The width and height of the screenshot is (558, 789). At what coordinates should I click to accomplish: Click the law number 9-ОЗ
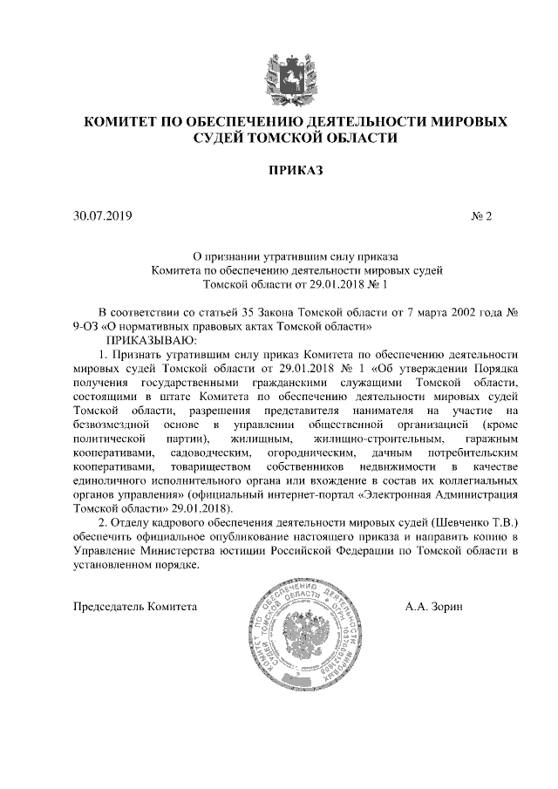89,327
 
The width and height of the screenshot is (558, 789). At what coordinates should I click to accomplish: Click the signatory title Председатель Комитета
135,607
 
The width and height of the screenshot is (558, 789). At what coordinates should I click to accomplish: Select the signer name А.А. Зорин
434,607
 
